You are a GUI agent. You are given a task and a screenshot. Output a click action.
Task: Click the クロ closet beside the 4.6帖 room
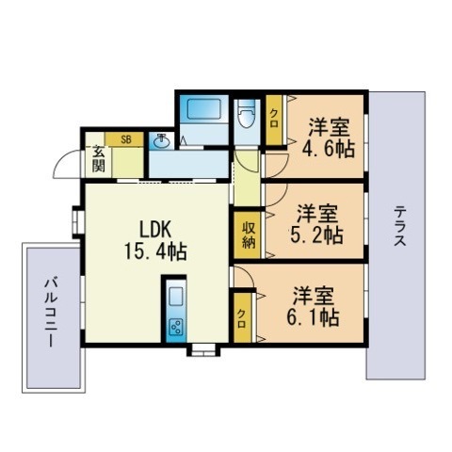274,121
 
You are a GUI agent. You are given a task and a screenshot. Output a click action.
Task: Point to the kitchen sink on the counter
175,299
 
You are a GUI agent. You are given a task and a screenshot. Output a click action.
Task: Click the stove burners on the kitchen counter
175,327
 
